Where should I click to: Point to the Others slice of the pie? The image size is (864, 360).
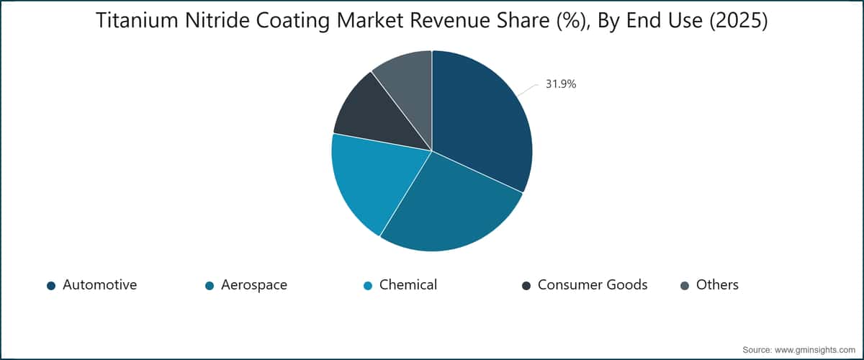tap(409, 85)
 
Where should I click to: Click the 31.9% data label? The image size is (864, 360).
tap(561, 84)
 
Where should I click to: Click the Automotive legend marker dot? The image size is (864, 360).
tap(51, 286)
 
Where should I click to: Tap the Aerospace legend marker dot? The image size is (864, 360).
tap(210, 286)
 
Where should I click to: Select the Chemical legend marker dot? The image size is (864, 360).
tap(368, 286)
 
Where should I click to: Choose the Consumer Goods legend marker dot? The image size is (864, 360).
tap(526, 286)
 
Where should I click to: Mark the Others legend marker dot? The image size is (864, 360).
tap(685, 286)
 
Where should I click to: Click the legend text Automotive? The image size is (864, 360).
tap(100, 284)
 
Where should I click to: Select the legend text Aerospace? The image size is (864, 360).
tap(254, 285)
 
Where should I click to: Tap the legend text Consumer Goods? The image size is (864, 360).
tap(593, 284)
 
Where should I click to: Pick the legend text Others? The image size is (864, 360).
tap(717, 284)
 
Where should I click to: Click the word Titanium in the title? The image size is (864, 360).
tap(137, 20)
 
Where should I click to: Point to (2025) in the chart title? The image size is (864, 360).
tap(739, 21)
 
